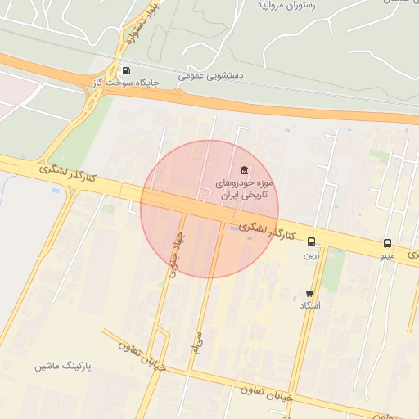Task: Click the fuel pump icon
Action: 124,70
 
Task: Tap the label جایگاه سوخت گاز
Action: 123,83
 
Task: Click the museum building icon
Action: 245,170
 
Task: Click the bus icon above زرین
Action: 312,241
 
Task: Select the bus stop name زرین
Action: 312,255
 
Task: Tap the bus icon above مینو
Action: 387,243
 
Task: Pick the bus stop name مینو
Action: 387,256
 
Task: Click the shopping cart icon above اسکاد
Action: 309,293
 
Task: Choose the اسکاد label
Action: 310,305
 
